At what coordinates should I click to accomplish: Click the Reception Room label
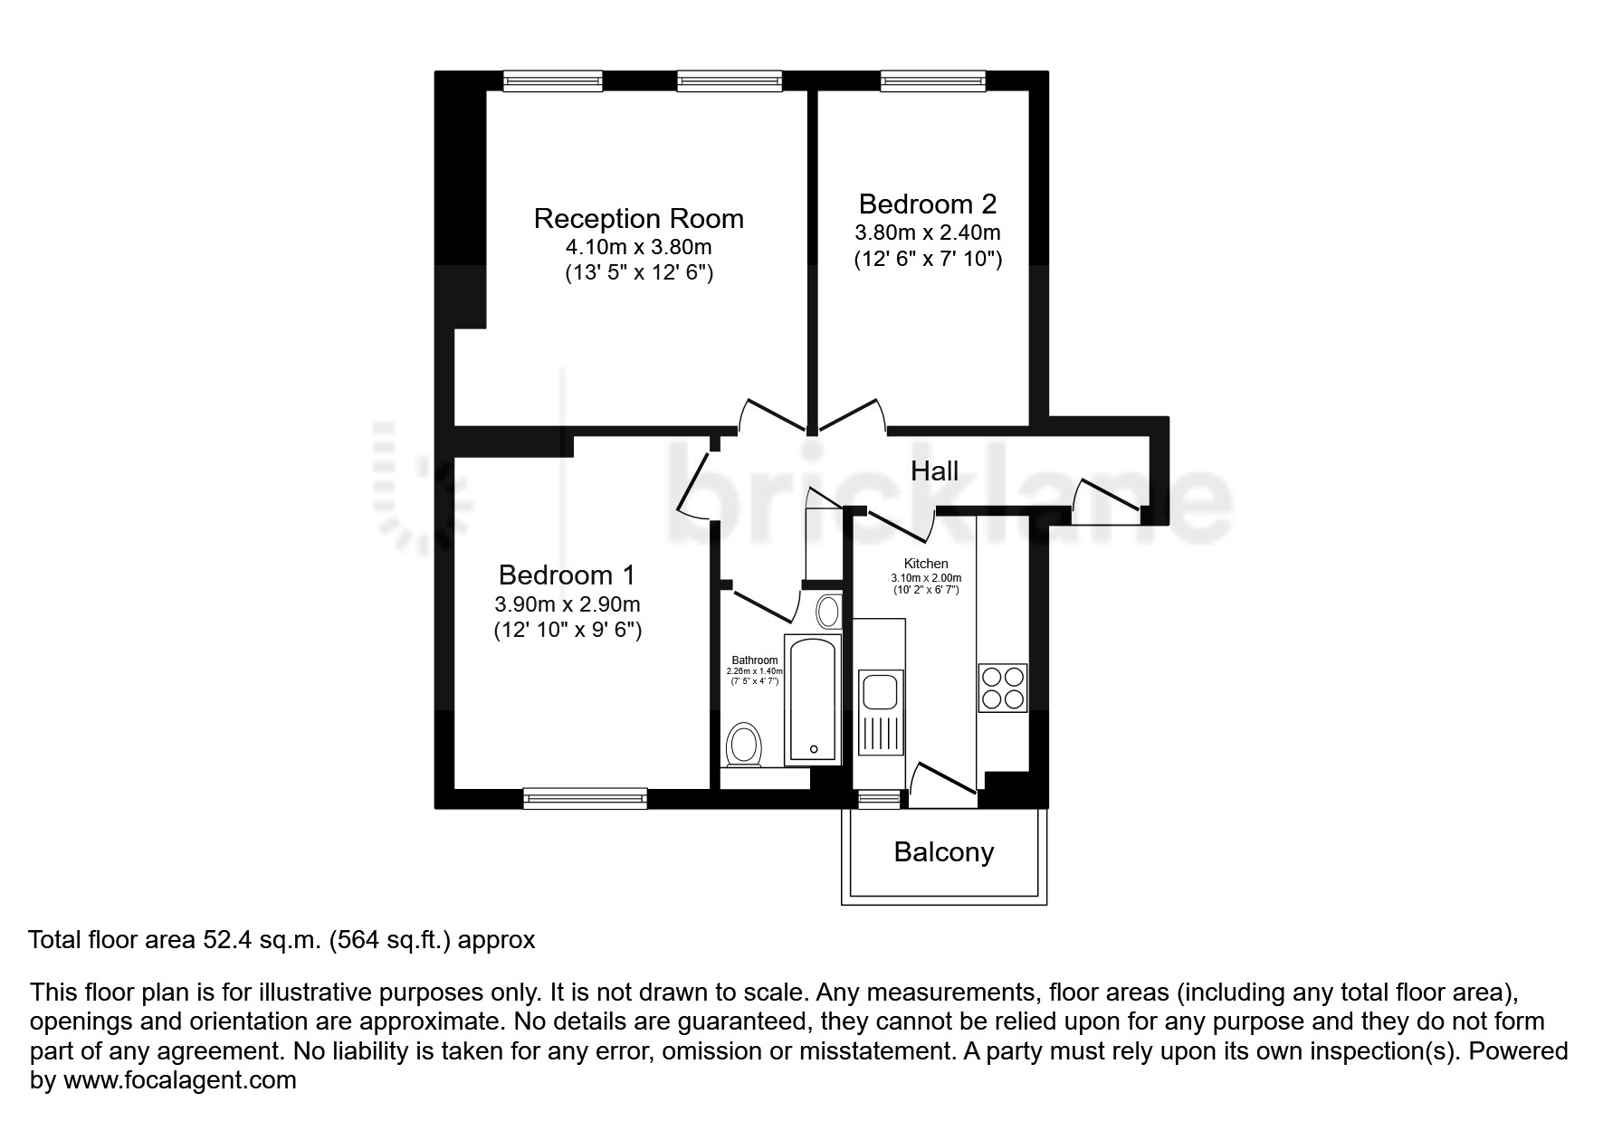point(638,218)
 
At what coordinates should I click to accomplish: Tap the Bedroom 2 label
point(928,204)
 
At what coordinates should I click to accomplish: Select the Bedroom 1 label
point(567,575)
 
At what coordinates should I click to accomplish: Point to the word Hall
point(934,470)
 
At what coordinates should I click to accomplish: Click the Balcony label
point(944,851)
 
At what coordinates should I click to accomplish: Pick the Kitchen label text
point(926,564)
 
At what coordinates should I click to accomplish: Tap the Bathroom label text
point(755,660)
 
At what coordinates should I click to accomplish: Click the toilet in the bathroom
point(745,745)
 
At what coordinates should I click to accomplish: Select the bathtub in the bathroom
point(813,698)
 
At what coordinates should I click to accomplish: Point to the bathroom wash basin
point(827,612)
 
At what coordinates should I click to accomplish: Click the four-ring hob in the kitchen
point(1003,688)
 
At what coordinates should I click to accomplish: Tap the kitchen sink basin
point(880,692)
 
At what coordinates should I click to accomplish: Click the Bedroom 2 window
point(933,81)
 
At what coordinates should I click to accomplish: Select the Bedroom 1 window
point(585,797)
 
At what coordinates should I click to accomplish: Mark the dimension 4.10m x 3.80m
point(638,246)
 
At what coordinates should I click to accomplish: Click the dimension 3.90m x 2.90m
point(568,603)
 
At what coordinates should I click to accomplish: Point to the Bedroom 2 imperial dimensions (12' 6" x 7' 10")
point(928,259)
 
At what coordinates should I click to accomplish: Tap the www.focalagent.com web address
point(179,1079)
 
